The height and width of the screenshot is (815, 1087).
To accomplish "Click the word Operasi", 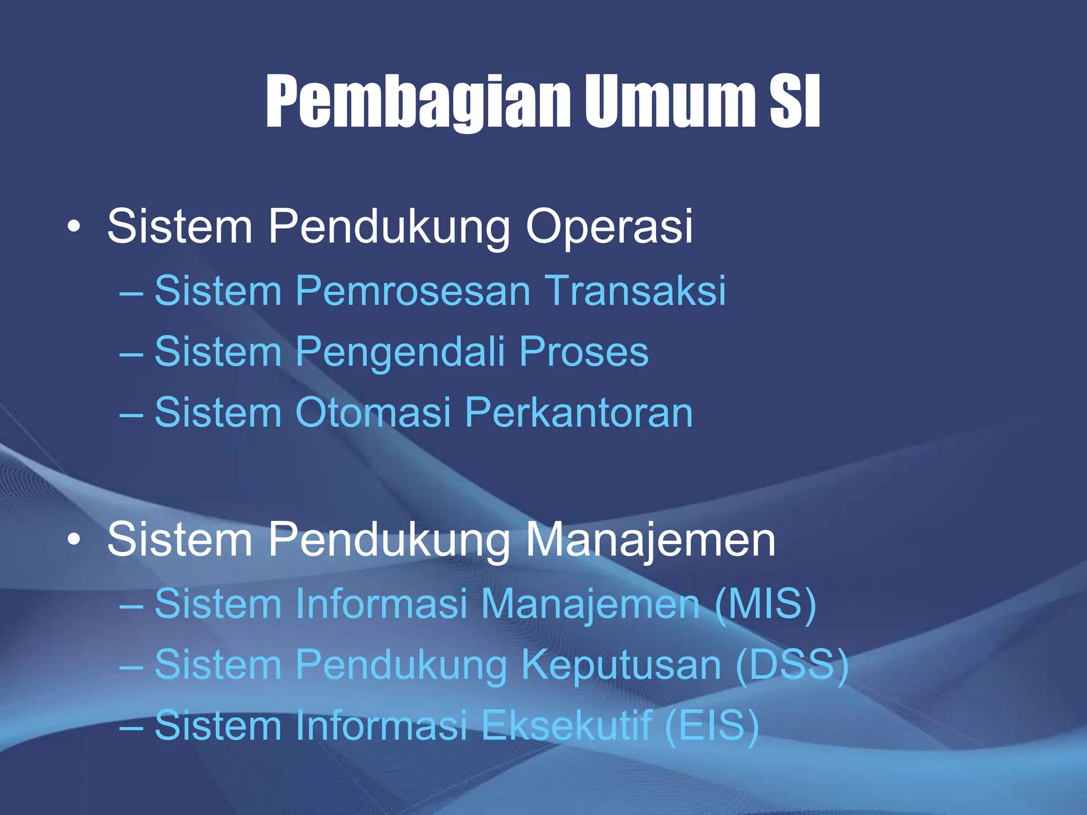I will click(x=609, y=227).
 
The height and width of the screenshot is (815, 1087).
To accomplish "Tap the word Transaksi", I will click(x=635, y=291).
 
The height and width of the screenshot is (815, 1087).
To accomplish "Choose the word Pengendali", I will click(x=399, y=352).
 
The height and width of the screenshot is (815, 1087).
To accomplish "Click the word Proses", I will click(x=583, y=352).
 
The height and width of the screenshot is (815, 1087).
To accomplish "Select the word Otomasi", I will click(x=373, y=413).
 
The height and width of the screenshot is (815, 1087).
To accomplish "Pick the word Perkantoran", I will click(x=579, y=413).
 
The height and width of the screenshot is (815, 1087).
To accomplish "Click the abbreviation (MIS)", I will click(x=765, y=604).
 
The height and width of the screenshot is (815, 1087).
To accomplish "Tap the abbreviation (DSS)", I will click(x=792, y=664).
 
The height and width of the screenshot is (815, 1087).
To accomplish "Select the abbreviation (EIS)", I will click(x=712, y=725).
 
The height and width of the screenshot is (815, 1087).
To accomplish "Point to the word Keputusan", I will click(x=621, y=665).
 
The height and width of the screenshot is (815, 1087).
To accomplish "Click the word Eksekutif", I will click(x=566, y=725).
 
